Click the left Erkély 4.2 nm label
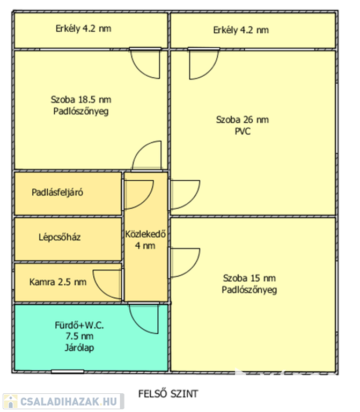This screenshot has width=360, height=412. click(x=83, y=28)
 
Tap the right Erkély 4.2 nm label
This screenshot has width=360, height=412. click(x=240, y=30)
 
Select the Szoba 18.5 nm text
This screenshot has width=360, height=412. click(x=81, y=99)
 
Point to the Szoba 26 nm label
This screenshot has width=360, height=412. click(x=242, y=119)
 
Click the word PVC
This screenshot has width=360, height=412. click(x=242, y=131)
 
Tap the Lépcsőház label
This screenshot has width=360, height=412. click(x=60, y=237)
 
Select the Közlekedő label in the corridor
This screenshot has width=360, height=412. click(x=146, y=234)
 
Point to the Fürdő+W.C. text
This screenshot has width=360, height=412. click(x=79, y=326)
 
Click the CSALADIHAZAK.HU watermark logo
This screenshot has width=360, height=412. click(x=63, y=401)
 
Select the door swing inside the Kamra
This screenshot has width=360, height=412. click(x=107, y=282)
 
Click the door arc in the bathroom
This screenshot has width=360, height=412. click(x=144, y=320)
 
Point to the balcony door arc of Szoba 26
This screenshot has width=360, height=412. click(x=203, y=62)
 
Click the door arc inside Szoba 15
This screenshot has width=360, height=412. click(x=183, y=263)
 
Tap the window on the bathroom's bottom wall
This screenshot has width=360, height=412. click(x=68, y=371)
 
